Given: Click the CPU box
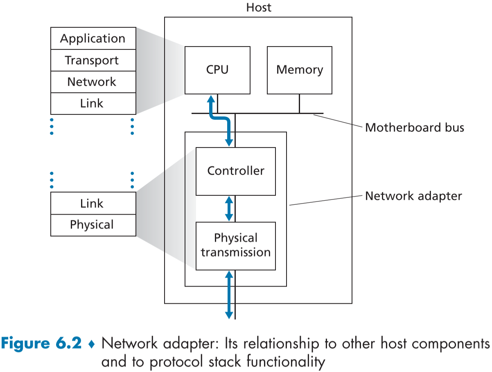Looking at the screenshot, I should click(x=217, y=70).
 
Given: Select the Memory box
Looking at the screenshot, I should click(x=299, y=70).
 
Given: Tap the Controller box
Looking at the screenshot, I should click(x=235, y=171).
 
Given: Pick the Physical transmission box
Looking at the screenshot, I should click(x=235, y=246).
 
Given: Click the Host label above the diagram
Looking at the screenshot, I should click(x=258, y=7).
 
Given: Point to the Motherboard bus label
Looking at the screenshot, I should click(x=414, y=128).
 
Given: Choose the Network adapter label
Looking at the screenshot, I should click(x=413, y=196).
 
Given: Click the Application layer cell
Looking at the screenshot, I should click(x=93, y=39).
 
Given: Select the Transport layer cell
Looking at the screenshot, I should click(x=93, y=61).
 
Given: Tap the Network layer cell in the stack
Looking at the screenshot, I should click(x=93, y=82).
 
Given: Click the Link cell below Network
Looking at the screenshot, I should click(x=93, y=103).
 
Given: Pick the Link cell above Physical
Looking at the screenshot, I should click(x=93, y=203).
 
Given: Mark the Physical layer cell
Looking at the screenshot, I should click(x=93, y=225).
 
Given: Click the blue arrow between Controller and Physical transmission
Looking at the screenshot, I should click(x=229, y=208).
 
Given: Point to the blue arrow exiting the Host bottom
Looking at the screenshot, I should click(x=229, y=294).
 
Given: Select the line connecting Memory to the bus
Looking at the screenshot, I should click(x=299, y=103).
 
